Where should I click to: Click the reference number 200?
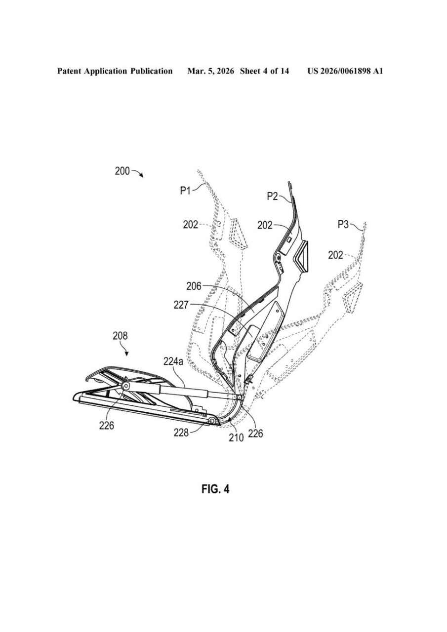(x=122, y=171)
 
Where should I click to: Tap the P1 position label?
(x=185, y=191)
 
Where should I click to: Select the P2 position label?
(x=272, y=196)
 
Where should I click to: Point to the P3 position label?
(x=343, y=225)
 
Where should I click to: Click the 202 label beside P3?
(x=335, y=255)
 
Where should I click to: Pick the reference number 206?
(x=194, y=286)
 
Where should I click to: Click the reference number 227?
(x=181, y=305)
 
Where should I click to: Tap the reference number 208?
(x=120, y=336)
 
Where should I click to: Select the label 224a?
(x=173, y=361)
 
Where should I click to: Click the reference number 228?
(x=181, y=433)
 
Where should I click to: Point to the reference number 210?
(x=236, y=437)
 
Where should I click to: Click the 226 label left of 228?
(x=106, y=426)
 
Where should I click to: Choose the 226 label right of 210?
(x=255, y=433)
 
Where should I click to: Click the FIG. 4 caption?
(x=215, y=489)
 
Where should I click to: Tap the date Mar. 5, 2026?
(x=210, y=71)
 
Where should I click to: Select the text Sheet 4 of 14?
(x=264, y=71)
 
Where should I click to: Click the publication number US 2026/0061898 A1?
(x=345, y=71)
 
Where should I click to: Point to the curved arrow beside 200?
(x=138, y=172)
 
